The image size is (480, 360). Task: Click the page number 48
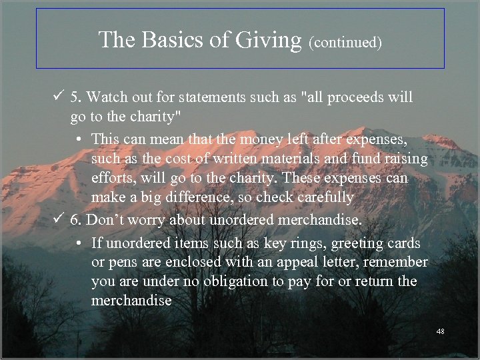coord(439,331)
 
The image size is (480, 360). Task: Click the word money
coord(241,139)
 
